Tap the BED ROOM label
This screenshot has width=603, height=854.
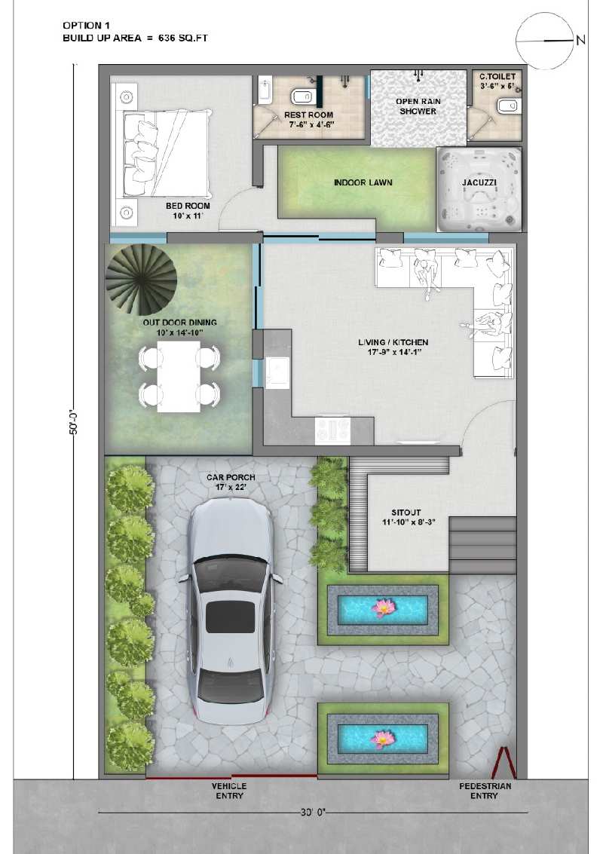click(188, 206)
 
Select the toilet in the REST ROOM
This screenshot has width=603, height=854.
click(301, 96)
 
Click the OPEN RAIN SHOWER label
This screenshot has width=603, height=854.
click(418, 106)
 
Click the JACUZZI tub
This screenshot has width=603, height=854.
click(479, 190)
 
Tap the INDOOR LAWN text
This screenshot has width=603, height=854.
click(363, 182)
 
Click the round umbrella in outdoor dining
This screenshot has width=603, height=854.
click(141, 279)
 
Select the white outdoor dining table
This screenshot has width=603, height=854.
click(179, 376)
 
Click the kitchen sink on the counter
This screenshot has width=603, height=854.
click(277, 373)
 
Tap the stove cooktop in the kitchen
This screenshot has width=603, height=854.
click(333, 430)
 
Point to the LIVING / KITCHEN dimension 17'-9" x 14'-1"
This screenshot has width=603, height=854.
click(393, 352)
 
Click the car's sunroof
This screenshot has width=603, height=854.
click(230, 617)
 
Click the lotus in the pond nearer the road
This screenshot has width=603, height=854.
click(381, 739)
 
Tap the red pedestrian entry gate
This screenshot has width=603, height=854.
click(504, 763)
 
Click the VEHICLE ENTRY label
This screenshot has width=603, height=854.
click(229, 791)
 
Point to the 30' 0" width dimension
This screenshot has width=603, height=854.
click(313, 813)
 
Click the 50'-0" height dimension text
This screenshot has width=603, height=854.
click(75, 422)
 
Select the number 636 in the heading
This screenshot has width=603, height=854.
click(166, 38)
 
